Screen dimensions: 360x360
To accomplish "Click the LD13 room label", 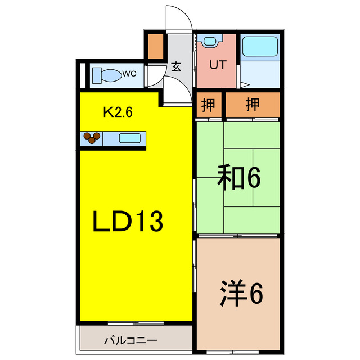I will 128,222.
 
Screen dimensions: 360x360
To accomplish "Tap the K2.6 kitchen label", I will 117,112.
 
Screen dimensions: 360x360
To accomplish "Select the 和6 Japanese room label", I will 238,179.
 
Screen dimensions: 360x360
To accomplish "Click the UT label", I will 217,65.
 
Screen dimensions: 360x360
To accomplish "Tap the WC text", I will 129,74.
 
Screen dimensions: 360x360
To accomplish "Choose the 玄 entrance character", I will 175,66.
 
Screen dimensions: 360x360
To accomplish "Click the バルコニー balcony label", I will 130,340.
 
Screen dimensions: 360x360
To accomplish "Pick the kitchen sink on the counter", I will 130,137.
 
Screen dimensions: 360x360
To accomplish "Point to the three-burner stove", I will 92,137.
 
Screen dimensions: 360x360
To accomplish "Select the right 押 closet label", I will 253,104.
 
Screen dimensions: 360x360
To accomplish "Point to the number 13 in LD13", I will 148,222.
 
